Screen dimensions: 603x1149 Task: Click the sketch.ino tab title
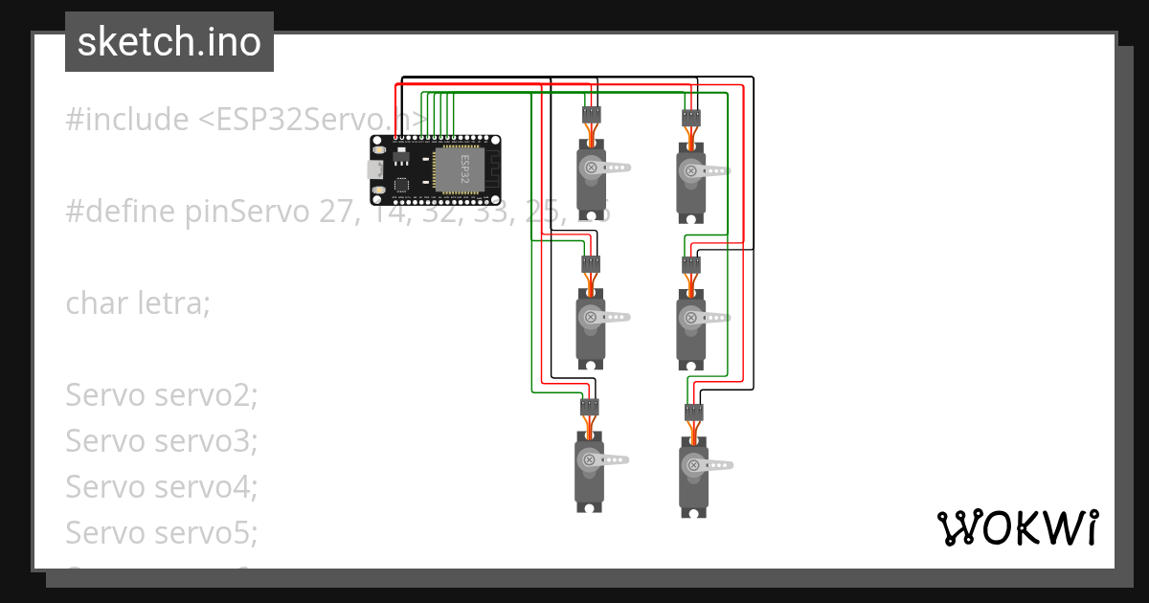pyautogui.click(x=169, y=42)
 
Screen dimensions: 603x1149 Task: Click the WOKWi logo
pyautogui.click(x=1017, y=527)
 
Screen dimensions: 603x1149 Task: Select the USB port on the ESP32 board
pyautogui.click(x=376, y=169)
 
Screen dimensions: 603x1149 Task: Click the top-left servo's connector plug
pyautogui.click(x=591, y=115)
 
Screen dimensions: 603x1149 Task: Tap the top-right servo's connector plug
pyautogui.click(x=691, y=118)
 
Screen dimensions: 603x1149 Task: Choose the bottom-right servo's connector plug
pyautogui.click(x=691, y=413)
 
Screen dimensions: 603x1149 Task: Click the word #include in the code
pyautogui.click(x=127, y=120)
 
